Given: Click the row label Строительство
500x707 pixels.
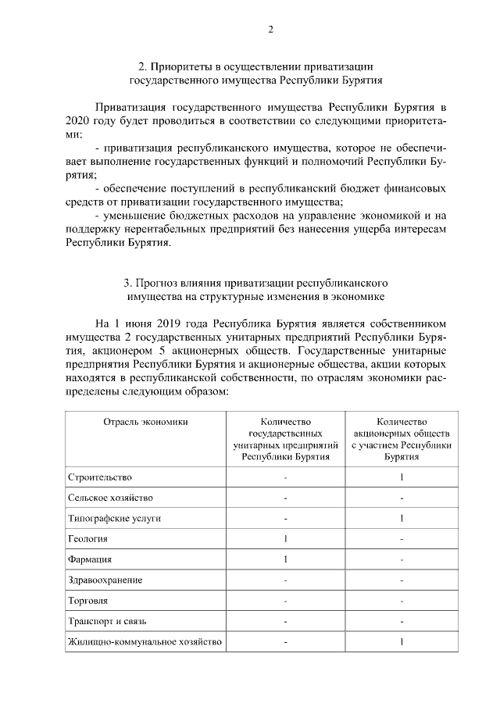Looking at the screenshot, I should tap(100, 477).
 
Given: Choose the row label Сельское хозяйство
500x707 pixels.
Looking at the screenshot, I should tap(110, 497).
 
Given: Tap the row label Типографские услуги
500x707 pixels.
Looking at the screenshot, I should tap(115, 518).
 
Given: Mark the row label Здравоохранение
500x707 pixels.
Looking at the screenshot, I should tap(105, 580).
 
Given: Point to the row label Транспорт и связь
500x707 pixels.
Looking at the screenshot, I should tap(107, 621).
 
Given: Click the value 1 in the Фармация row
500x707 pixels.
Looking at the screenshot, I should tap(285, 559).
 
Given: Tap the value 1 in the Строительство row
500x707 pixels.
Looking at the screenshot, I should tap(401, 477).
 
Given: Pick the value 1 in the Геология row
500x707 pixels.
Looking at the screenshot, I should tap(285, 538).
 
